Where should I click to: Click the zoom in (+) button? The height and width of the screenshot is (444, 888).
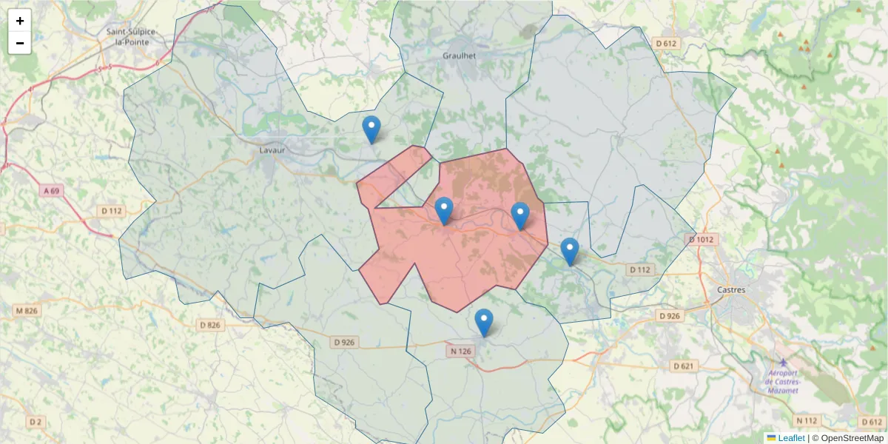(20, 21)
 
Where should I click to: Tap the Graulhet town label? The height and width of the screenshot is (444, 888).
(459, 55)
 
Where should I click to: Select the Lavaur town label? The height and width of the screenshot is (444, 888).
(272, 149)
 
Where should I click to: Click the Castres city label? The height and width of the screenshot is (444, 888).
(731, 289)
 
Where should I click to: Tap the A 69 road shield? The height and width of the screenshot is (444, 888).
(51, 191)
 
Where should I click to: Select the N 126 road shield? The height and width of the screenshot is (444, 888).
(460, 351)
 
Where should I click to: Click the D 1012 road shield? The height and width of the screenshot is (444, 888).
(701, 239)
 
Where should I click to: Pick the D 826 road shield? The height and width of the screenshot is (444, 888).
(210, 325)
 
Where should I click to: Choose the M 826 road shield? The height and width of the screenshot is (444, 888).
(27, 311)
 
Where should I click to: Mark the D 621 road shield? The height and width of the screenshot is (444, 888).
(684, 366)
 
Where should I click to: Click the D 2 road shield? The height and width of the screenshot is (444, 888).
(35, 422)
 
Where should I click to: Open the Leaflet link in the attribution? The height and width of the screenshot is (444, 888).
(791, 438)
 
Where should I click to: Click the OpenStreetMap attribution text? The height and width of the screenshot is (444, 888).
(852, 438)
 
